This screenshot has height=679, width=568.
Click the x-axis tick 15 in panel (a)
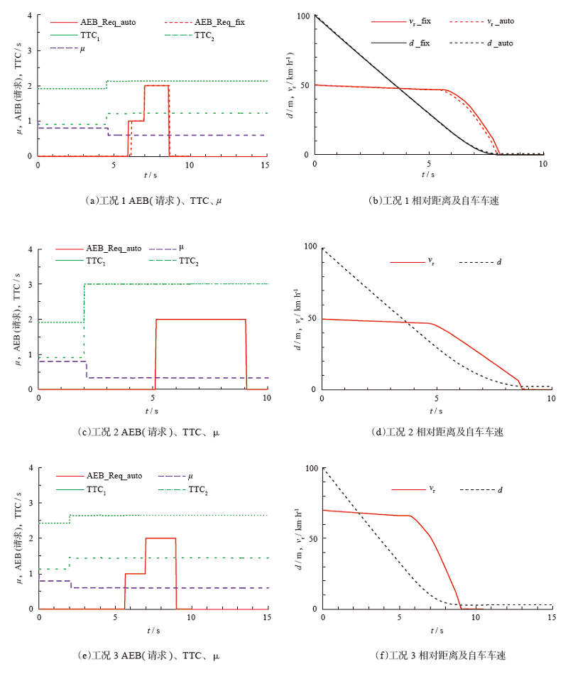(x=265, y=164)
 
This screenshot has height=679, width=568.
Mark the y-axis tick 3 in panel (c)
(x=30, y=284)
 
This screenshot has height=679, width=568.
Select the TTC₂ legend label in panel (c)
(x=188, y=261)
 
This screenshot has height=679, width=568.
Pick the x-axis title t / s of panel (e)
(x=153, y=630)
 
